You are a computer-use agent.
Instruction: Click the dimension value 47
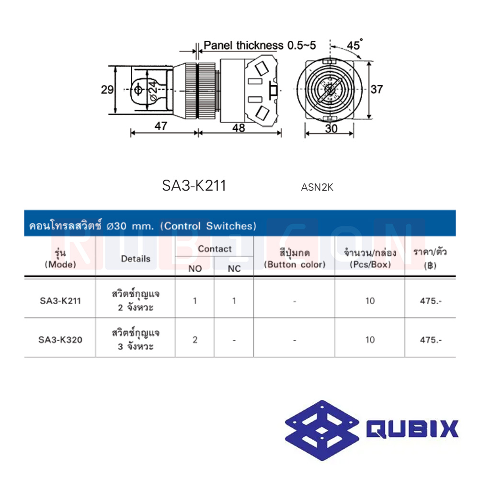click(x=161, y=126)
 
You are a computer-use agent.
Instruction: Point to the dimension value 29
click(x=107, y=90)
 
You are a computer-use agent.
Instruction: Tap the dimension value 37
click(x=377, y=90)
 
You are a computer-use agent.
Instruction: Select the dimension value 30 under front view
click(x=331, y=128)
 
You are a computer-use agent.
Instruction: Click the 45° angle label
click(x=355, y=46)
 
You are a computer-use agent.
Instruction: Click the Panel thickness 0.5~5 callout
click(x=260, y=46)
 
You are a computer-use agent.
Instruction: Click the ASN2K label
click(x=317, y=188)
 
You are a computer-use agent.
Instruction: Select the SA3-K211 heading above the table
click(x=194, y=186)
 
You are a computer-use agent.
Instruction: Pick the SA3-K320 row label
click(x=60, y=340)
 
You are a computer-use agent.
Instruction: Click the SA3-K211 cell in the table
click(x=60, y=301)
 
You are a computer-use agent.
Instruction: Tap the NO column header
click(x=195, y=269)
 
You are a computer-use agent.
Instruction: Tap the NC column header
click(x=234, y=269)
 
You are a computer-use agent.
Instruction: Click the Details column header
click(x=136, y=259)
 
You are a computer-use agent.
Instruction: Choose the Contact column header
click(x=214, y=249)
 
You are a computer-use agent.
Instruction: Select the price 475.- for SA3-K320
click(x=430, y=340)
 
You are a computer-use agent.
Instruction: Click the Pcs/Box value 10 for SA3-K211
click(x=369, y=301)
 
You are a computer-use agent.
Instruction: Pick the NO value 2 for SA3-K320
click(x=195, y=340)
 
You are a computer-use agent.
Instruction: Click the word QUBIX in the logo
click(x=412, y=429)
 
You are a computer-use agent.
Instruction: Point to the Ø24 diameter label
click(x=151, y=90)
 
